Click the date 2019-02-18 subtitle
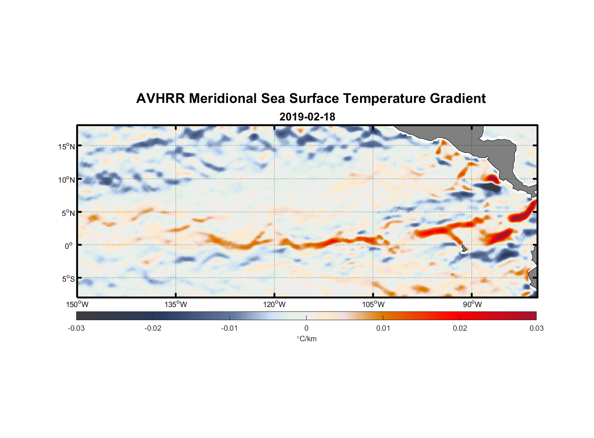307,117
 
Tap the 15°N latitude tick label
67,146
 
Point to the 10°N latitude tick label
67,180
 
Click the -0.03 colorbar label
76,328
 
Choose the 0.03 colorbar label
536,328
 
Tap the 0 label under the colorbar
306,328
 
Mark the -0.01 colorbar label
230,328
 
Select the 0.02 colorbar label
460,328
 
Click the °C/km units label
306,339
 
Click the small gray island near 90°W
463,248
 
